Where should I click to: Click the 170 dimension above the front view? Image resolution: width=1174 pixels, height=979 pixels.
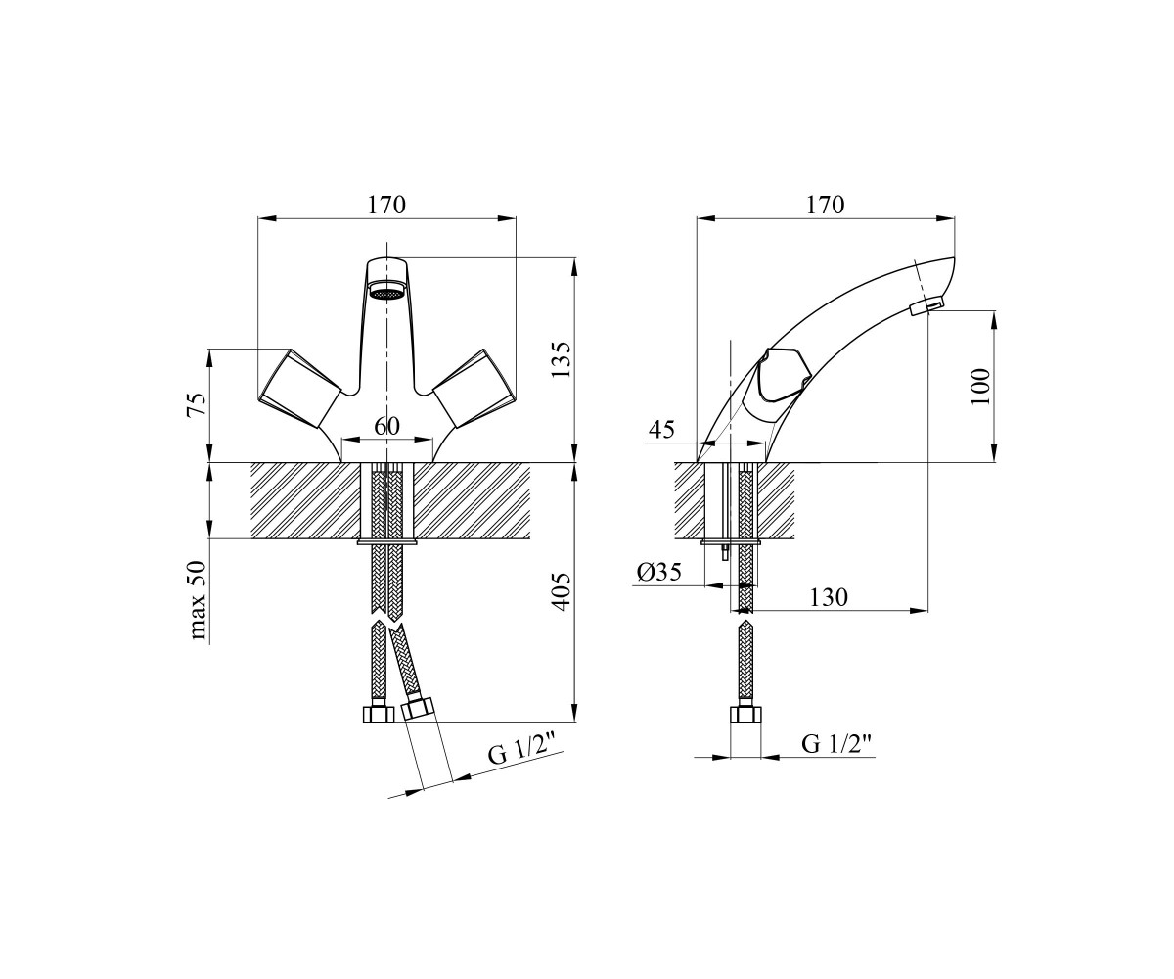click(x=386, y=206)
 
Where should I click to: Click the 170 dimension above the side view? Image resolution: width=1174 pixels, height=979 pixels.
click(x=826, y=206)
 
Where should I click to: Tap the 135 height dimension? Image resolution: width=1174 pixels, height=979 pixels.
click(x=561, y=359)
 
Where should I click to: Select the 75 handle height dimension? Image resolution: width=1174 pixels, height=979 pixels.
click(x=197, y=405)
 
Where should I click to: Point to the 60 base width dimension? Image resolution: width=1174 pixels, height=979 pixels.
click(x=386, y=426)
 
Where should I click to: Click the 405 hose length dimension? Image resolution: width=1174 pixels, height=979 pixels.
click(x=561, y=592)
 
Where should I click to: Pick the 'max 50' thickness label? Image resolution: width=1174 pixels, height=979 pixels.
click(x=197, y=600)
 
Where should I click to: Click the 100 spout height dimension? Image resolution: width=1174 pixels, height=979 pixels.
click(x=979, y=387)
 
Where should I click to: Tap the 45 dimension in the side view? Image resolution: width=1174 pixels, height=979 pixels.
click(x=661, y=431)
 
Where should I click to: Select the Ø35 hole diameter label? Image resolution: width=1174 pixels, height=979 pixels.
click(x=659, y=572)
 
